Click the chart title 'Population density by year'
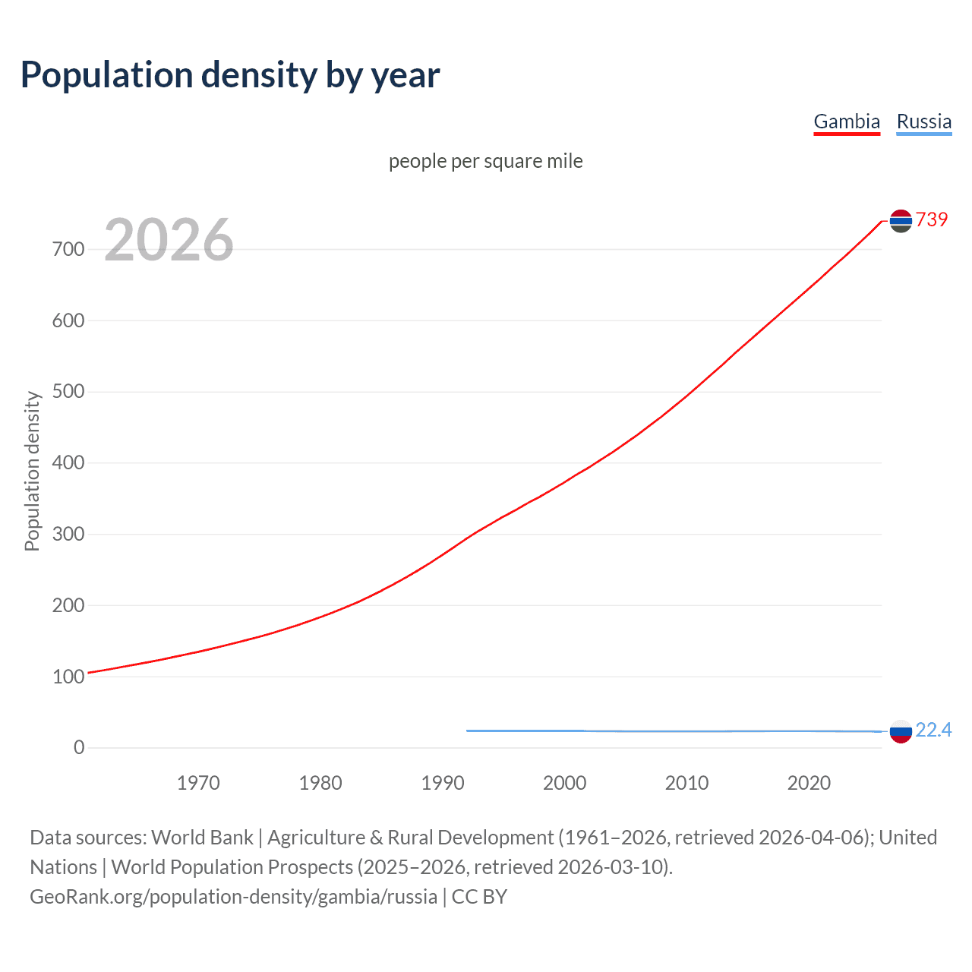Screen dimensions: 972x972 tap(230, 75)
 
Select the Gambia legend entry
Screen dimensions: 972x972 tap(847, 121)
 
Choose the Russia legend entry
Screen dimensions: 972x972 tap(923, 121)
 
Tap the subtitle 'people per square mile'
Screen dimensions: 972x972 tap(486, 161)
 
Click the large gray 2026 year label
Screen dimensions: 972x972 tap(169, 240)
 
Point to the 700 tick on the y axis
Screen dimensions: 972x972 tap(68, 249)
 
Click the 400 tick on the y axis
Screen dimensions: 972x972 tap(68, 462)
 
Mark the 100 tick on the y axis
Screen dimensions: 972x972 tap(68, 677)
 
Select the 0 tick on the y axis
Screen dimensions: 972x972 tap(79, 747)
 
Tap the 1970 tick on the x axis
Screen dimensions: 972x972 tap(198, 783)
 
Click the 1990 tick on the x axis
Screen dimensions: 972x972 tap(443, 783)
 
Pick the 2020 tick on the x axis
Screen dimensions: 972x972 tap(809, 783)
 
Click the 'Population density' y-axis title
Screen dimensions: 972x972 tap(32, 471)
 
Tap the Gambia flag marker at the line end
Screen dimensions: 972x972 tap(901, 221)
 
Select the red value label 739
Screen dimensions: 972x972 tap(932, 219)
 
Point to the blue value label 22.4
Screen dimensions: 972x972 tap(933, 730)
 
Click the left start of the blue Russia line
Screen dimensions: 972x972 tap(469, 731)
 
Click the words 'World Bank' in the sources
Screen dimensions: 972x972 tap(202, 837)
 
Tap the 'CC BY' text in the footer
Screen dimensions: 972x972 tap(479, 896)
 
